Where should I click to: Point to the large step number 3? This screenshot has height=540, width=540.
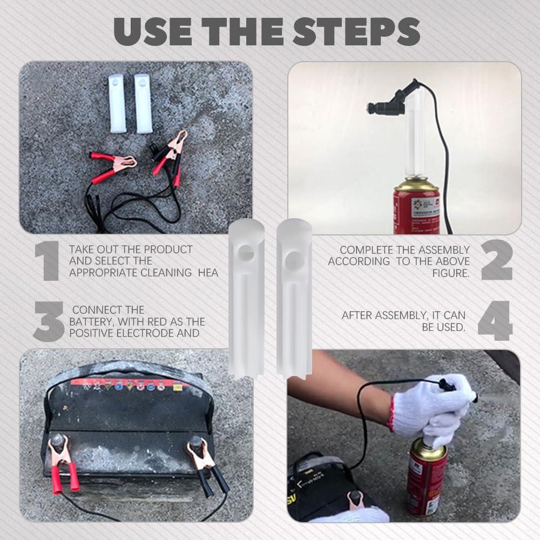pyautogui.click(x=49, y=321)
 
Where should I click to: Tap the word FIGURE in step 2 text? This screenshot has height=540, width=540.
pyautogui.click(x=451, y=273)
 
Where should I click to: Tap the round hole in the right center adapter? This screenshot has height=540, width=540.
pyautogui.click(x=295, y=260)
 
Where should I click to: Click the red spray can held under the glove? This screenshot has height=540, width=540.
pyautogui.click(x=426, y=475)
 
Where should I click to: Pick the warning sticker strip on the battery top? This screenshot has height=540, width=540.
pyautogui.click(x=126, y=386)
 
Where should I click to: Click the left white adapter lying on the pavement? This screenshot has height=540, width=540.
pyautogui.click(x=117, y=103)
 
